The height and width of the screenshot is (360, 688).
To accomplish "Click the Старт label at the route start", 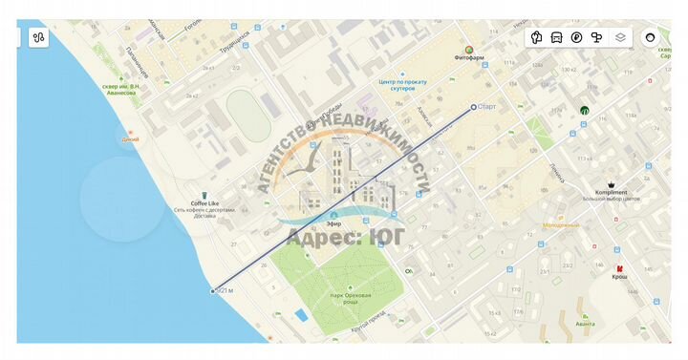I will point(488,107).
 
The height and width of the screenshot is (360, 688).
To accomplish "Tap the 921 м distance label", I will point(226,290).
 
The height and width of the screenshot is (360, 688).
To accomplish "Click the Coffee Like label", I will point(204,203).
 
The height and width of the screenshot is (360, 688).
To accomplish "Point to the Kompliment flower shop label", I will point(611,192).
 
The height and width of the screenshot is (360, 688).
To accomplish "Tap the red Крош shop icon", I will point(620,268).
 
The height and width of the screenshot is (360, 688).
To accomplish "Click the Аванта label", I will point(586,324).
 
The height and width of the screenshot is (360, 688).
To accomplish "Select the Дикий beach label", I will point(130,139).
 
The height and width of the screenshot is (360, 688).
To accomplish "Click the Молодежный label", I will point(561,225).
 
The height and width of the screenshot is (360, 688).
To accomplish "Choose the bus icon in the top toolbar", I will point(557,37).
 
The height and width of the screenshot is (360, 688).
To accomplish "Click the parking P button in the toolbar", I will point(576,37).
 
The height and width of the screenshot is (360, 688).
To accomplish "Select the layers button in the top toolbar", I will point(620,37).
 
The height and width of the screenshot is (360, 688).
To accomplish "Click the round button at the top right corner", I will point(651,37).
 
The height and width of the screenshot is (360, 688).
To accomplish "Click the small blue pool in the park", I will point(301,315).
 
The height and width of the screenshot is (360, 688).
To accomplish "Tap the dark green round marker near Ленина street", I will point(584,110).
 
